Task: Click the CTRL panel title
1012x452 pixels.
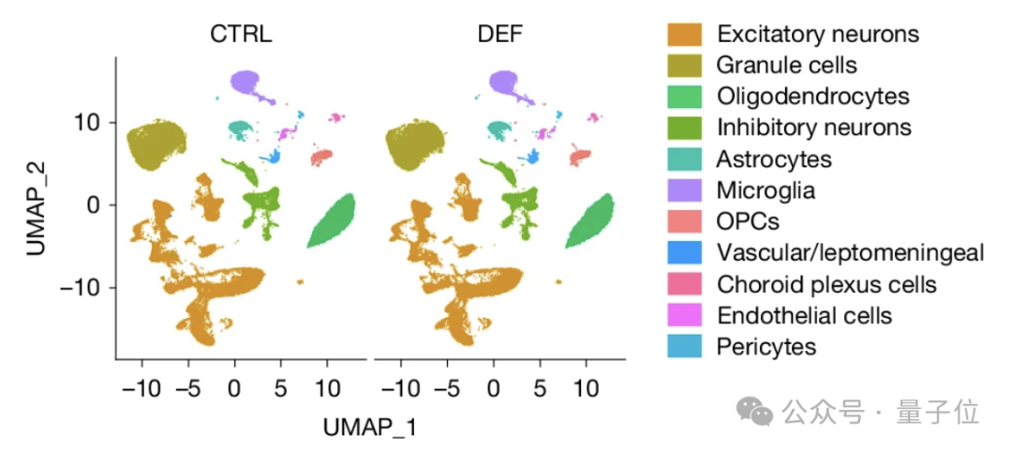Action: coord(242,35)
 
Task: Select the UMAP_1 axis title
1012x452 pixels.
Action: coord(370,429)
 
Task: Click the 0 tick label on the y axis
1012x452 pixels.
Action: coord(96,204)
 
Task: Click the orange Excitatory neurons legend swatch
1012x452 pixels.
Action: coord(684,34)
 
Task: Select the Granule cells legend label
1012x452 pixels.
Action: coord(787,65)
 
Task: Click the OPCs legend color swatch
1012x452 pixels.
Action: coord(684,221)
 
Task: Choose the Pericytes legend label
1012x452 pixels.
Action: coord(766,347)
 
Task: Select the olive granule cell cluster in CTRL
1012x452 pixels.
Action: coord(156,144)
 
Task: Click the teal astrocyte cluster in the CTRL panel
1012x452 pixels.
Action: coord(241,130)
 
